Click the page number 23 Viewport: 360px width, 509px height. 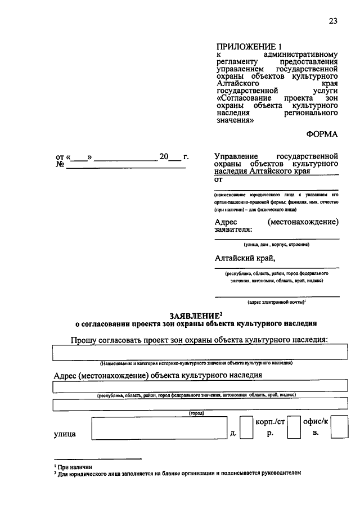coord(332,21)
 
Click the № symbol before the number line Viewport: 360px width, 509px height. coord(58,165)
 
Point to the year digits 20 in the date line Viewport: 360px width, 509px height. coord(164,157)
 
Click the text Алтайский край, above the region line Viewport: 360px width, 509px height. coord(245,258)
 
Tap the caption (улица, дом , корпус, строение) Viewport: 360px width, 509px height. coord(277,244)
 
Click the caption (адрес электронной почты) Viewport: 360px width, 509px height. coord(277,303)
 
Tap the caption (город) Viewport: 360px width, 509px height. coord(196,413)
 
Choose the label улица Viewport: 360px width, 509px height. coord(65,434)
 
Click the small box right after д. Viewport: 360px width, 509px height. coord(246,428)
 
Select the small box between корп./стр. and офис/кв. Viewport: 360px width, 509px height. coord(293,428)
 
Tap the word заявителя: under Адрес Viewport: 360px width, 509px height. coord(233,229)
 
